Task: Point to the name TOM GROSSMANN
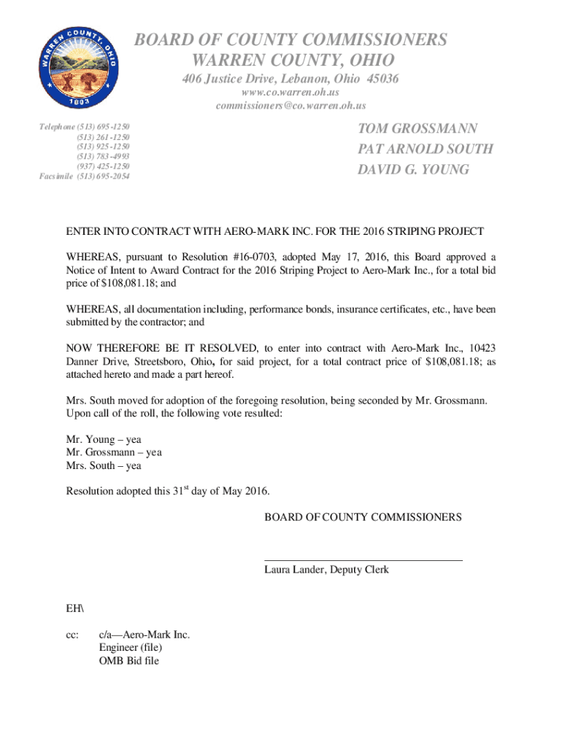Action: click(417, 129)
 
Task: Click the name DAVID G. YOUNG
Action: click(414, 170)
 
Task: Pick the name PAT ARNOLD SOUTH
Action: click(426, 150)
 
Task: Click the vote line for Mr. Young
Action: click(104, 439)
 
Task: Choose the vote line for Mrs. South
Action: click(104, 465)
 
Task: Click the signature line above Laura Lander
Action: click(363, 560)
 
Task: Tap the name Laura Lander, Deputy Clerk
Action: click(326, 570)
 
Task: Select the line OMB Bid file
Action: click(129, 661)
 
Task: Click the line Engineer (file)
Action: click(131, 648)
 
